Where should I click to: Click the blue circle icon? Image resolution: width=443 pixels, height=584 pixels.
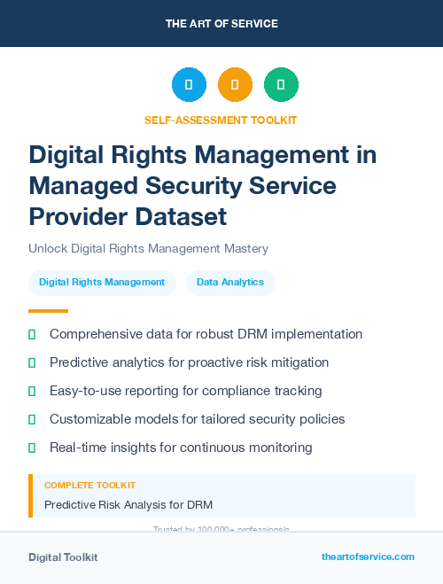point(189,84)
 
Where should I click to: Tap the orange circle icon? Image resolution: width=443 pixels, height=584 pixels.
point(235,84)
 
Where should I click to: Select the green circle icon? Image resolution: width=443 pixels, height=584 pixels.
point(281,84)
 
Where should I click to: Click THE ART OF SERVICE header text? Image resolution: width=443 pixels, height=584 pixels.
point(221,23)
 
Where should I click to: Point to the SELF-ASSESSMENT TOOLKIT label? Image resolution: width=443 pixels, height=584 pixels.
point(221,120)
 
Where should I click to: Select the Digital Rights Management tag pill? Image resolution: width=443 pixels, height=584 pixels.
point(102,283)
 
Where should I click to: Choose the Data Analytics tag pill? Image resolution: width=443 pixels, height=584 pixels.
point(230,283)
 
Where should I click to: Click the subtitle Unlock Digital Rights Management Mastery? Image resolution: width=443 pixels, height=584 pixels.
point(148,249)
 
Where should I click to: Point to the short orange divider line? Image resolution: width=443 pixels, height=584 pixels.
point(48,311)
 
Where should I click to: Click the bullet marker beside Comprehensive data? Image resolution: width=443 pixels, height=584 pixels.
point(33,335)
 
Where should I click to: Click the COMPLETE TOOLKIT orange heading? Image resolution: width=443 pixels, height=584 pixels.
point(89,486)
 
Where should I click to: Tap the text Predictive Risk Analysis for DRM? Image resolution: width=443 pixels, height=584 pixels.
point(128,505)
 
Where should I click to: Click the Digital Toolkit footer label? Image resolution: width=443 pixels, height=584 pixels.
point(63,557)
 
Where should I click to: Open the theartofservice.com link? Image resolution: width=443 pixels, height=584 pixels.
point(368,557)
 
